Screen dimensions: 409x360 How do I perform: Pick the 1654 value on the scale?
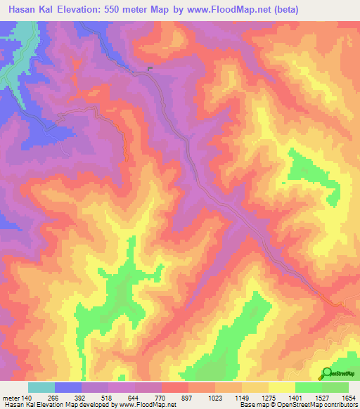pyautogui.click(x=347, y=398)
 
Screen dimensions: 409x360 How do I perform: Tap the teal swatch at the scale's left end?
pyautogui.click(x=41, y=387)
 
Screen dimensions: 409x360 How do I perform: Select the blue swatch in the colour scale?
pyautogui.click(x=68, y=387)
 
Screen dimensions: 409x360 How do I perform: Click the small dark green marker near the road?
pyautogui.click(x=150, y=67)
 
